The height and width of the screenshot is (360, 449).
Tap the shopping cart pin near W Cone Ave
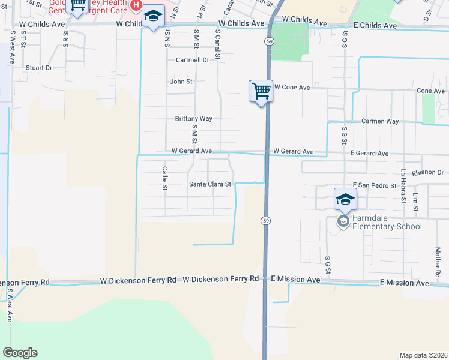click(261, 92)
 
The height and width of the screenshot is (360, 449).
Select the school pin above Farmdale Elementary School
click(345, 199)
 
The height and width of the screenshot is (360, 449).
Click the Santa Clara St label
click(210, 184)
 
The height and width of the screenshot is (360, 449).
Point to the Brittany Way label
click(193, 119)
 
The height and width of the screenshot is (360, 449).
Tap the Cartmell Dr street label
click(192, 60)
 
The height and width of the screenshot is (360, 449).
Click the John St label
click(181, 82)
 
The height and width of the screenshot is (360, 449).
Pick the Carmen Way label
click(380, 121)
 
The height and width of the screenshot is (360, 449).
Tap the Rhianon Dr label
click(427, 172)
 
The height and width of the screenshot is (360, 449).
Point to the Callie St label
click(164, 178)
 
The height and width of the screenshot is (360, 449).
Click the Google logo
click(20, 353)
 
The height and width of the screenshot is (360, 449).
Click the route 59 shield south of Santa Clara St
click(265, 221)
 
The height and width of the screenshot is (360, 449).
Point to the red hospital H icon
click(136, 5)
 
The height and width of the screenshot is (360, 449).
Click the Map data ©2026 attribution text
click(423, 355)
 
